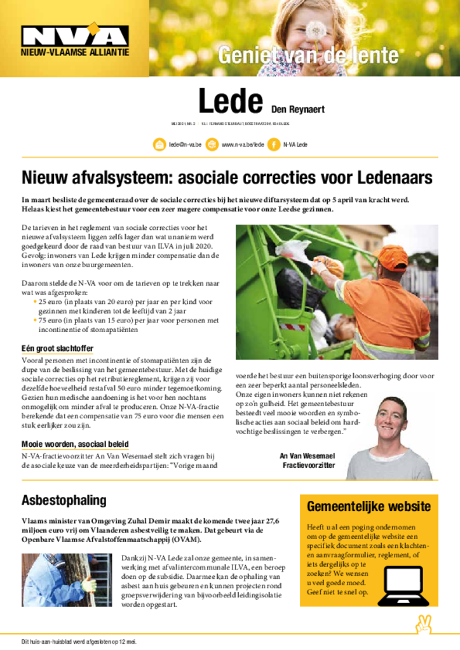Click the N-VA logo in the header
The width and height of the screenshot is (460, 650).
tap(75, 36)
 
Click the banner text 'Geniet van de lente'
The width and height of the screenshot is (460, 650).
tap(309, 56)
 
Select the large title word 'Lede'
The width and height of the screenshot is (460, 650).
tap(231, 102)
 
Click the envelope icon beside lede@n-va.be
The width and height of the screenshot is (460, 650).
tap(159, 145)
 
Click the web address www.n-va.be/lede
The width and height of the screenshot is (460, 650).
tap(243, 145)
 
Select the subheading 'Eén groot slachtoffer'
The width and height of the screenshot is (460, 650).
tap(58, 348)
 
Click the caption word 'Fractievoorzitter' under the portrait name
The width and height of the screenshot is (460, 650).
tap(308, 465)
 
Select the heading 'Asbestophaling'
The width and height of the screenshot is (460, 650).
tap(64, 500)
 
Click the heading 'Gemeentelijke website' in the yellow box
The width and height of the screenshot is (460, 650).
tap(369, 507)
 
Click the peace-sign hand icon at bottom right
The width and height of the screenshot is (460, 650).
tap(423, 625)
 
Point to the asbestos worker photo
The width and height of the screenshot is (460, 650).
tap(67, 580)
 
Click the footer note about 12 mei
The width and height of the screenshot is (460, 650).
tap(79, 641)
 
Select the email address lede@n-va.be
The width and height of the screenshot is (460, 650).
tap(185, 145)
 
